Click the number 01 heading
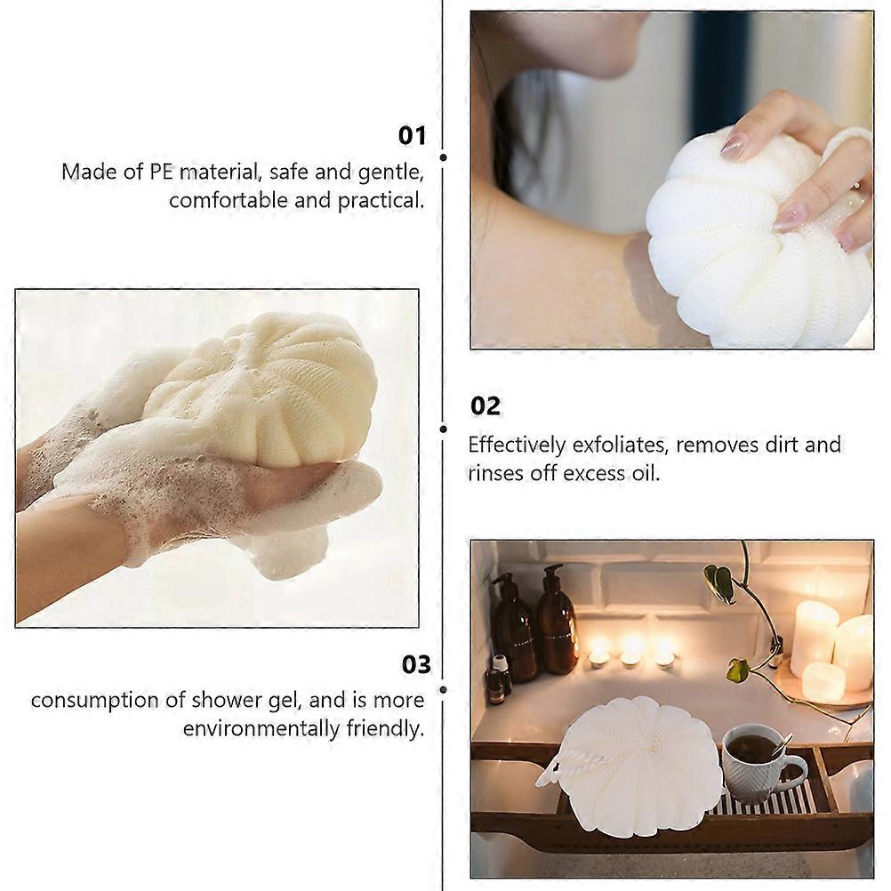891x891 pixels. pos(412,136)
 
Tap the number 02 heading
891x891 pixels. pos(486,405)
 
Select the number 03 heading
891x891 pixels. pos(416,664)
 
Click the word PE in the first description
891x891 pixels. pos(161,171)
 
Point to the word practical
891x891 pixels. pos(381,200)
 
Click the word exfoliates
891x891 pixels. pos(620,445)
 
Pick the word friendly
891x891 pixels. pos(385,728)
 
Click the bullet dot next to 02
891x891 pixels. pos(443,429)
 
